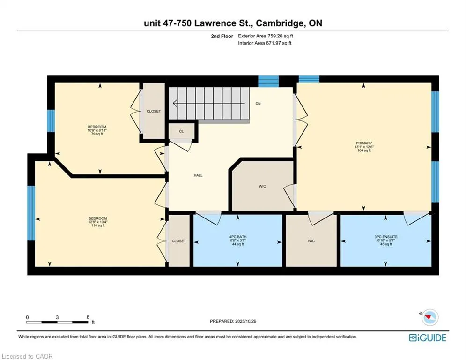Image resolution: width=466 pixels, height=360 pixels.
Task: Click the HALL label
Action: [x=198, y=175]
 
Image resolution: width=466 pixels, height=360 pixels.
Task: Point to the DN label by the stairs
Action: [x=258, y=104]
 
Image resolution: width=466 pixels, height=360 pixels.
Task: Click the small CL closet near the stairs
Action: [x=181, y=131]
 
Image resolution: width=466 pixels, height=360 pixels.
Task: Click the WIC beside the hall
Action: [x=262, y=187]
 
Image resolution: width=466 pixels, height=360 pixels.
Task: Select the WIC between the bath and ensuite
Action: [x=311, y=241]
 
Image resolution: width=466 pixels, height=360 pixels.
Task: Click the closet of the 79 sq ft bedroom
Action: [x=154, y=111]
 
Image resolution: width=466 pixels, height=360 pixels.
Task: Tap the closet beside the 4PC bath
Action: [x=178, y=241]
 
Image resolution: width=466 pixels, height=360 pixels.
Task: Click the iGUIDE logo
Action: [x=427, y=337]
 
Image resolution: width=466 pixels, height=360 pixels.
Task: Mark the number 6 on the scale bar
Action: [x=88, y=317]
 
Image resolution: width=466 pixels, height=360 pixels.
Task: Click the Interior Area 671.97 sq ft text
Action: [x=265, y=43]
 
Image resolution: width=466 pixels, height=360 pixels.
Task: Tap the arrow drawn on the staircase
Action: [x=208, y=103]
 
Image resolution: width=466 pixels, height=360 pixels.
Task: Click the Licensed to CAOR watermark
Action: [x=28, y=356]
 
